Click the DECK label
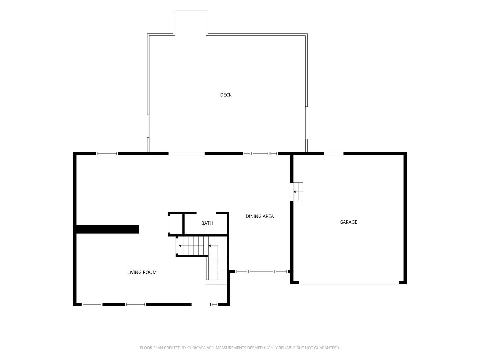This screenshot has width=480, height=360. coord(226,95)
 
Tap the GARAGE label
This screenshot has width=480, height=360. coord(348,222)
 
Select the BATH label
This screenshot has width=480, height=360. coord(207,223)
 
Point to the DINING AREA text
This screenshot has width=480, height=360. coord(260,216)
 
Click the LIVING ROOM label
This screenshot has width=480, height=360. coord(142,272)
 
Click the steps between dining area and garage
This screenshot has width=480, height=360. coord(297,192)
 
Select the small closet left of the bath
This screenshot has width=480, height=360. coord(175,224)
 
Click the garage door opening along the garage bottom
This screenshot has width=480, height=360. coord(349,283)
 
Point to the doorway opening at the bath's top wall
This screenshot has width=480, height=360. coord(206,213)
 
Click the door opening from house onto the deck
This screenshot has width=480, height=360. coord(186,153)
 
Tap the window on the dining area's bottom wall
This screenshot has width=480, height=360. coord(261,271)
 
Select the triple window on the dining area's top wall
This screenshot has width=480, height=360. coord(260,153)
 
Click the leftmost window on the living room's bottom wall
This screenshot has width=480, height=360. coord(92,304)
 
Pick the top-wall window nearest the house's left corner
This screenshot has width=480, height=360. coord(107,153)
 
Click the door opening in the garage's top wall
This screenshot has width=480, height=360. coord(334,153)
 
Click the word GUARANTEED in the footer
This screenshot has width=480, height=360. coord(327,348)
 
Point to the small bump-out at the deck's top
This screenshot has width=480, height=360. coord(190,23)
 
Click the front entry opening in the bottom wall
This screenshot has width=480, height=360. coord(201,304)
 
